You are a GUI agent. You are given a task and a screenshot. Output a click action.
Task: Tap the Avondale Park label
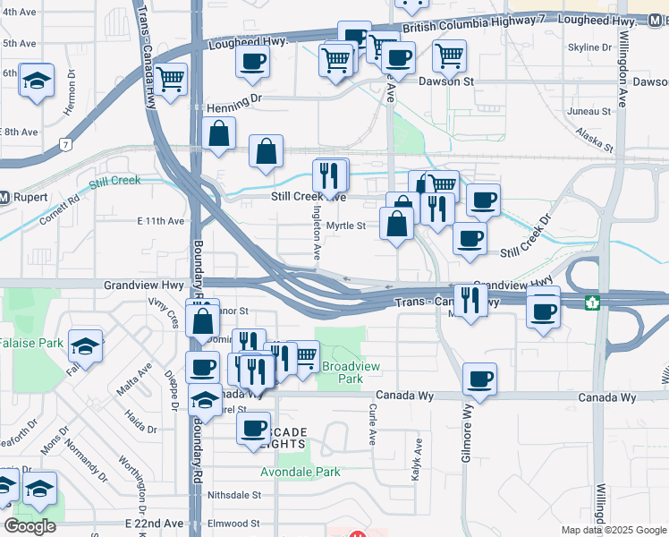tap(301, 472)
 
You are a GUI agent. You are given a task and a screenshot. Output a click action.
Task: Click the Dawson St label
tap(445, 81)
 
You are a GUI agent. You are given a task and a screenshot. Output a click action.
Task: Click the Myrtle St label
tap(346, 226)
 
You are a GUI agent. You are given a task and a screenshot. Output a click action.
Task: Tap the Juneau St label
tap(589, 112)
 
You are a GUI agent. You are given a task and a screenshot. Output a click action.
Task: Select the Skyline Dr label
tap(589, 47)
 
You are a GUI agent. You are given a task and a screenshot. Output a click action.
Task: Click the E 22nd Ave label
tap(154, 523)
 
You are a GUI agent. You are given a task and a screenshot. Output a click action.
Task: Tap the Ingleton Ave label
tap(317, 235)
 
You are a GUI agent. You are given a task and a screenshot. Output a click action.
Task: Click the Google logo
tap(30, 525)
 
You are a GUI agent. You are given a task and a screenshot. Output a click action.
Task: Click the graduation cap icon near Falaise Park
tap(85, 346)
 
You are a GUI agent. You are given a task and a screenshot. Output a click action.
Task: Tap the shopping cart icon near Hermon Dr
tap(170, 78)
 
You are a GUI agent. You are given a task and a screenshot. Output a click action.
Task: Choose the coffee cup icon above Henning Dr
tap(252, 61)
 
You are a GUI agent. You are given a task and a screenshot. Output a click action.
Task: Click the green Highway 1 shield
tap(590, 303)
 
